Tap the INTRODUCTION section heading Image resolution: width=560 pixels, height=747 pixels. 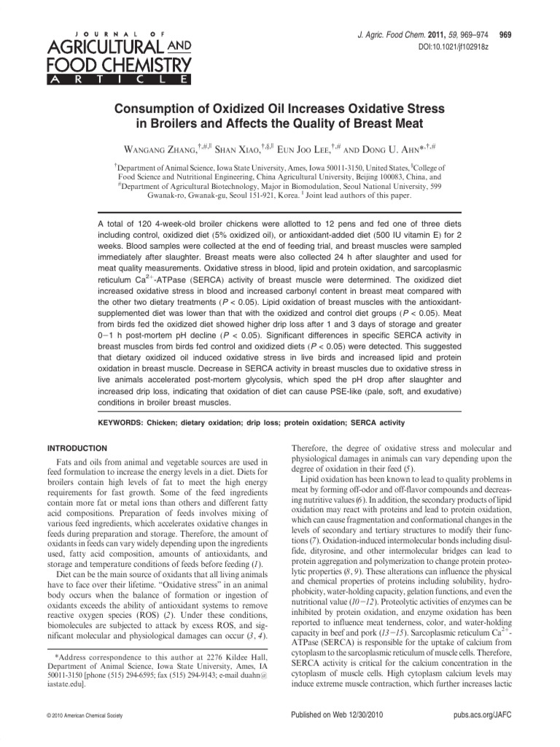click(x=77, y=447)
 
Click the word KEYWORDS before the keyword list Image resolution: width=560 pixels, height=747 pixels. click(x=120, y=423)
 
